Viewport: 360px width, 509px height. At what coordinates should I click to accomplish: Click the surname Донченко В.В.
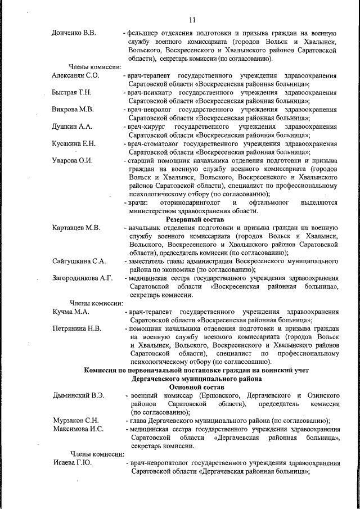pos(74,33)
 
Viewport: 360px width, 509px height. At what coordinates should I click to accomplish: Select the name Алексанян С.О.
pos(75,75)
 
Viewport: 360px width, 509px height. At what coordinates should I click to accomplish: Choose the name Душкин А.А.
pos(71,127)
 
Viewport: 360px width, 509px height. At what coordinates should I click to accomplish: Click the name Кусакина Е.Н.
pos(74,143)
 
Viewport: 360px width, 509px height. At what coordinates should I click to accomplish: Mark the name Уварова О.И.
pos(72,160)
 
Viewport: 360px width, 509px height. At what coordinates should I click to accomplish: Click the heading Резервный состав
pos(195,219)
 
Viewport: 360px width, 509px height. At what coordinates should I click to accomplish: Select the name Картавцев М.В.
pos(76,228)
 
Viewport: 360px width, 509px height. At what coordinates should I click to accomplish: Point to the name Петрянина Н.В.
pos(76,328)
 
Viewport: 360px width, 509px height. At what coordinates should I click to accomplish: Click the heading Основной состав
pos(194,387)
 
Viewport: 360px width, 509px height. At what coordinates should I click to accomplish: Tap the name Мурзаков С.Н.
pos(75,421)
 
